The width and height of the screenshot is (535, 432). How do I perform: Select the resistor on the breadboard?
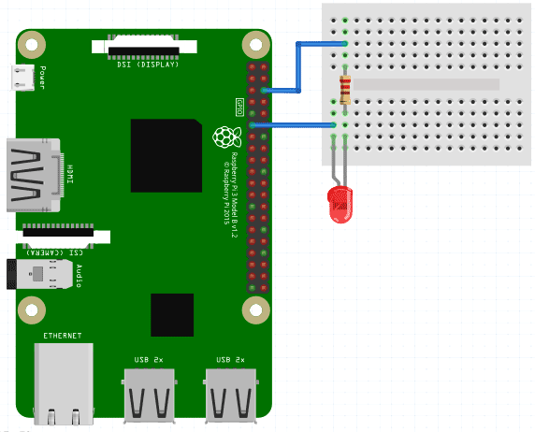click(x=347, y=91)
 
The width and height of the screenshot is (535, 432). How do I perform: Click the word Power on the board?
click(x=43, y=78)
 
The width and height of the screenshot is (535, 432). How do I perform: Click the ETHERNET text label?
click(x=62, y=334)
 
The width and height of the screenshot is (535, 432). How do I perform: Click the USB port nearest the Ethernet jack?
click(x=148, y=394)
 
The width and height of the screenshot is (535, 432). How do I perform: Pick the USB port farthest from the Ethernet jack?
click(x=230, y=394)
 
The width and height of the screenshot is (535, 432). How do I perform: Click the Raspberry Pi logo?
click(x=224, y=137)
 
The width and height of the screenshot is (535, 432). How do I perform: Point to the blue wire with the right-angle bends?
click(x=298, y=65)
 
